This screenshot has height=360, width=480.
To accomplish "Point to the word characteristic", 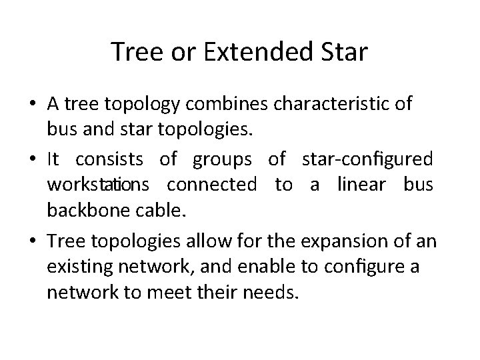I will [x=332, y=105].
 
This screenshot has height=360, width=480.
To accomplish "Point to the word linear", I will [x=362, y=184].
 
